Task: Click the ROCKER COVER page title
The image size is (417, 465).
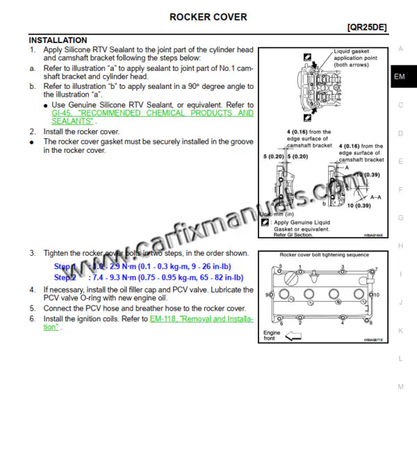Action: coord(208,17)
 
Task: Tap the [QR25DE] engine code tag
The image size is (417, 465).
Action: coord(366,28)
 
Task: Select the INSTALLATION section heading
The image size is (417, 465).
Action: coord(58,40)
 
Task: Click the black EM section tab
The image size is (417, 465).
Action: coord(400,76)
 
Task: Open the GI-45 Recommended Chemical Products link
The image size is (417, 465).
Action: coord(153,113)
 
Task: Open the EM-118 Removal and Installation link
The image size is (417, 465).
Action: coord(202,319)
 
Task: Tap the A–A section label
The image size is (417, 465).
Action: coord(376,197)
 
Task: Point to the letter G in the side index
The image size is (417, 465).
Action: coord(400,218)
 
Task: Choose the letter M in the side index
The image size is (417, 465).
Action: coord(400,386)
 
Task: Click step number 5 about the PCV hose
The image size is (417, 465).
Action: coord(32,308)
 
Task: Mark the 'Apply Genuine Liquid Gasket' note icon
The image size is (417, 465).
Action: coord(265,222)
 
